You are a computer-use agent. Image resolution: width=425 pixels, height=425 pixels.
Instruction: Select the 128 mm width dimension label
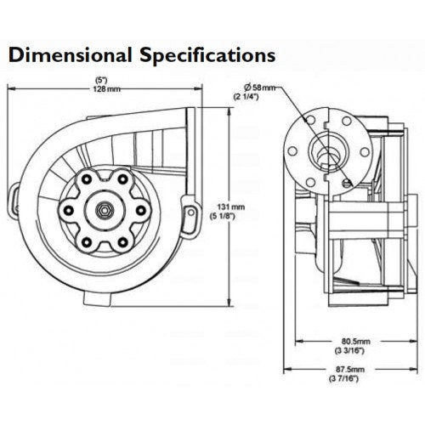point(107,89)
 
